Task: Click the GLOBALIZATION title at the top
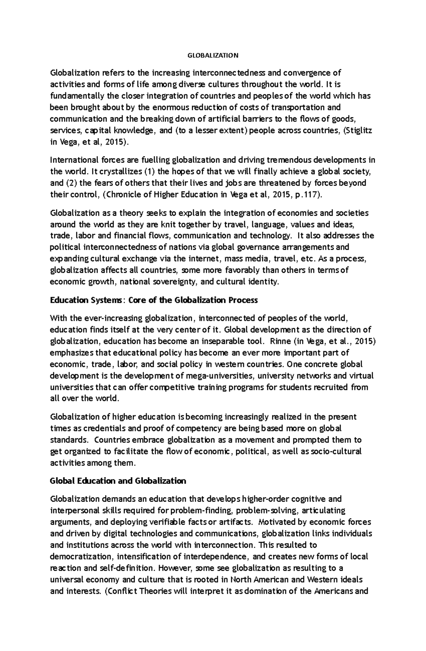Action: pyautogui.click(x=213, y=55)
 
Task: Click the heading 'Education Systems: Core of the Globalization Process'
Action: pyautogui.click(x=154, y=300)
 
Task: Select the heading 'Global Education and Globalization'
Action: pyautogui.click(x=118, y=481)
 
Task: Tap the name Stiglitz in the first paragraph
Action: pyautogui.click(x=361, y=130)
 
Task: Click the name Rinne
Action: pyautogui.click(x=280, y=341)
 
